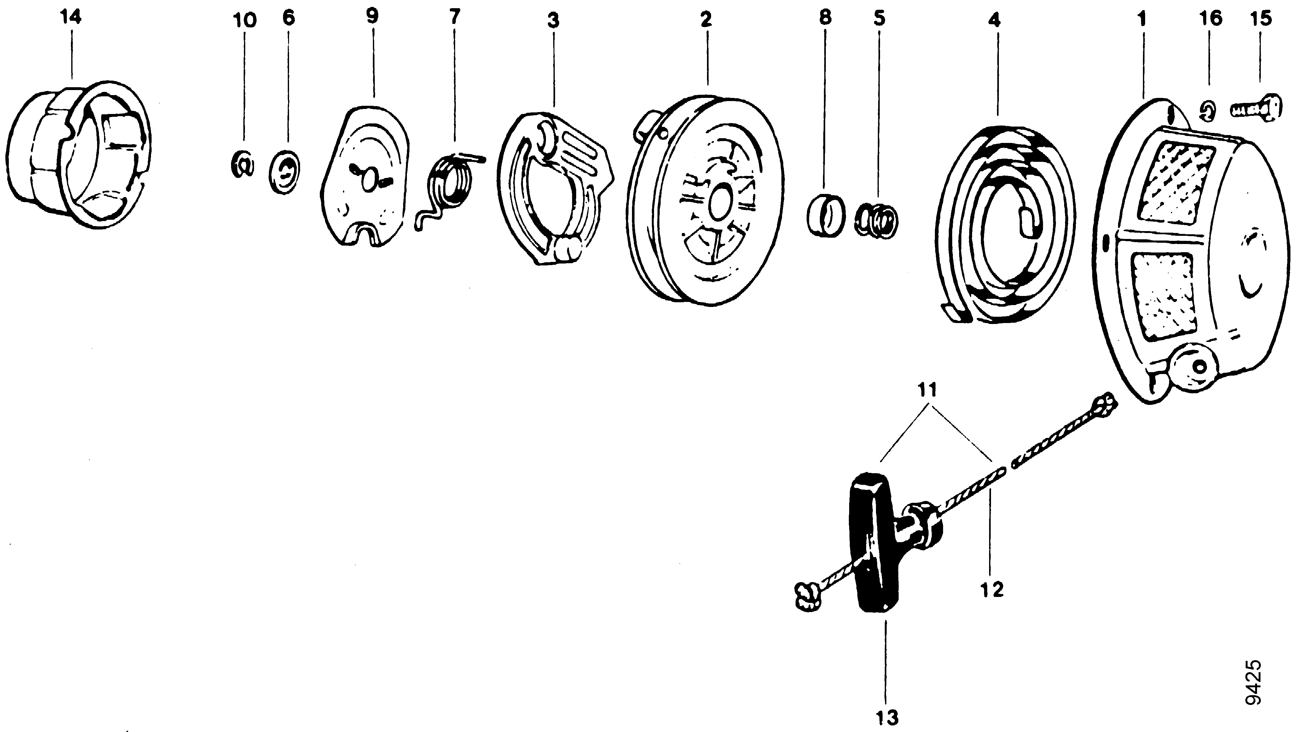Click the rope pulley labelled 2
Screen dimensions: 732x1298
(x=705, y=201)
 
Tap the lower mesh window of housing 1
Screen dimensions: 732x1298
(x=1164, y=297)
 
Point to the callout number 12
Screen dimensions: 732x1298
(x=992, y=590)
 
